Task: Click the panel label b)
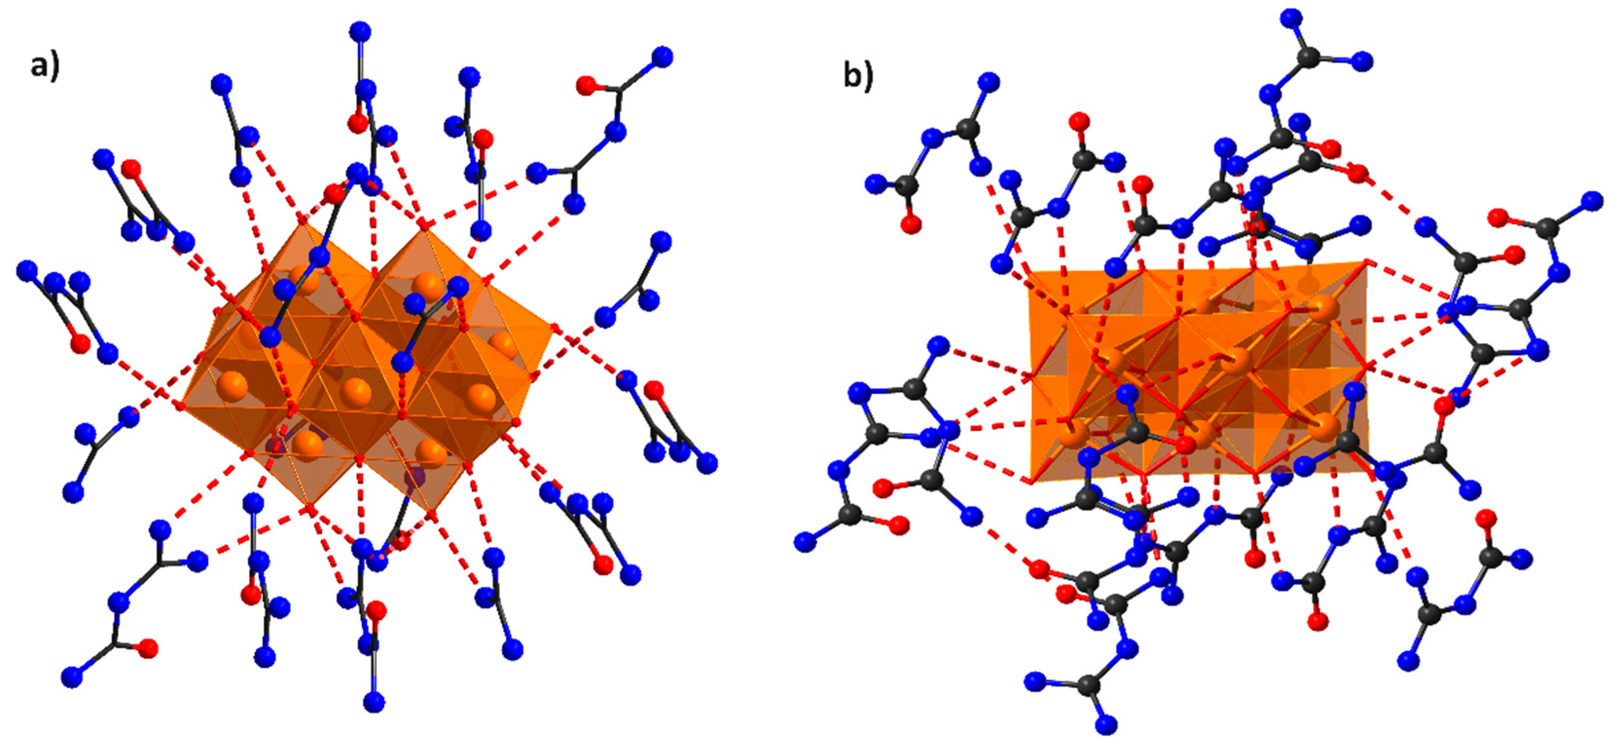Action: click(x=858, y=77)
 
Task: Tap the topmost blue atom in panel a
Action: click(x=360, y=31)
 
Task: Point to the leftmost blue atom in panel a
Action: click(x=27, y=271)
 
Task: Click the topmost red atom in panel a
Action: click(x=586, y=85)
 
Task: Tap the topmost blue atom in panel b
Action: click(x=1289, y=20)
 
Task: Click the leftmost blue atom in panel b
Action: click(x=806, y=541)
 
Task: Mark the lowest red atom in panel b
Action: click(x=1319, y=622)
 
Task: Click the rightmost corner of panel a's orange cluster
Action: click(x=554, y=326)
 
